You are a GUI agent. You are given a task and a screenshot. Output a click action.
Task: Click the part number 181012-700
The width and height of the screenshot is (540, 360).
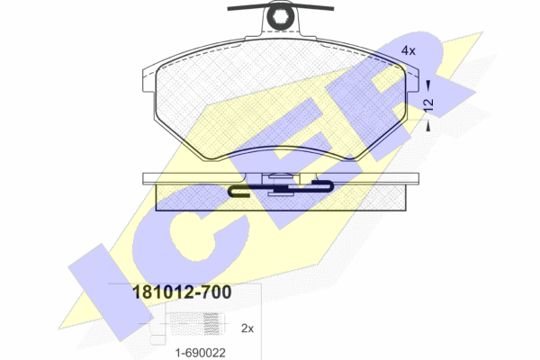[182, 292]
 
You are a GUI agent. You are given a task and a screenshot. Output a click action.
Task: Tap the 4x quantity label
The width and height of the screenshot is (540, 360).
[409, 50]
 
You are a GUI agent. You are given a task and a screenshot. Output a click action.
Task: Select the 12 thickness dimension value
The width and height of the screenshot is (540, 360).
[429, 104]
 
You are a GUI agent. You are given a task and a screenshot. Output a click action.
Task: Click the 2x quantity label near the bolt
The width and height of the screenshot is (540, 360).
[247, 328]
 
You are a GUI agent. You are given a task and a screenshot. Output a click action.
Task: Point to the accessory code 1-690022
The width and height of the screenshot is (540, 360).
[201, 353]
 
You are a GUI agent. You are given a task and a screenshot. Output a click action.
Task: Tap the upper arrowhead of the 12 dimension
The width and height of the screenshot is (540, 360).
[428, 85]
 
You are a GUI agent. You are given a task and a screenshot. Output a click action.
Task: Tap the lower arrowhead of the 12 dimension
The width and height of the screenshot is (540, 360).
[428, 126]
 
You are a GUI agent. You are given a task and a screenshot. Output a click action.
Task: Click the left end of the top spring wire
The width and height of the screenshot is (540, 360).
[229, 9]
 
